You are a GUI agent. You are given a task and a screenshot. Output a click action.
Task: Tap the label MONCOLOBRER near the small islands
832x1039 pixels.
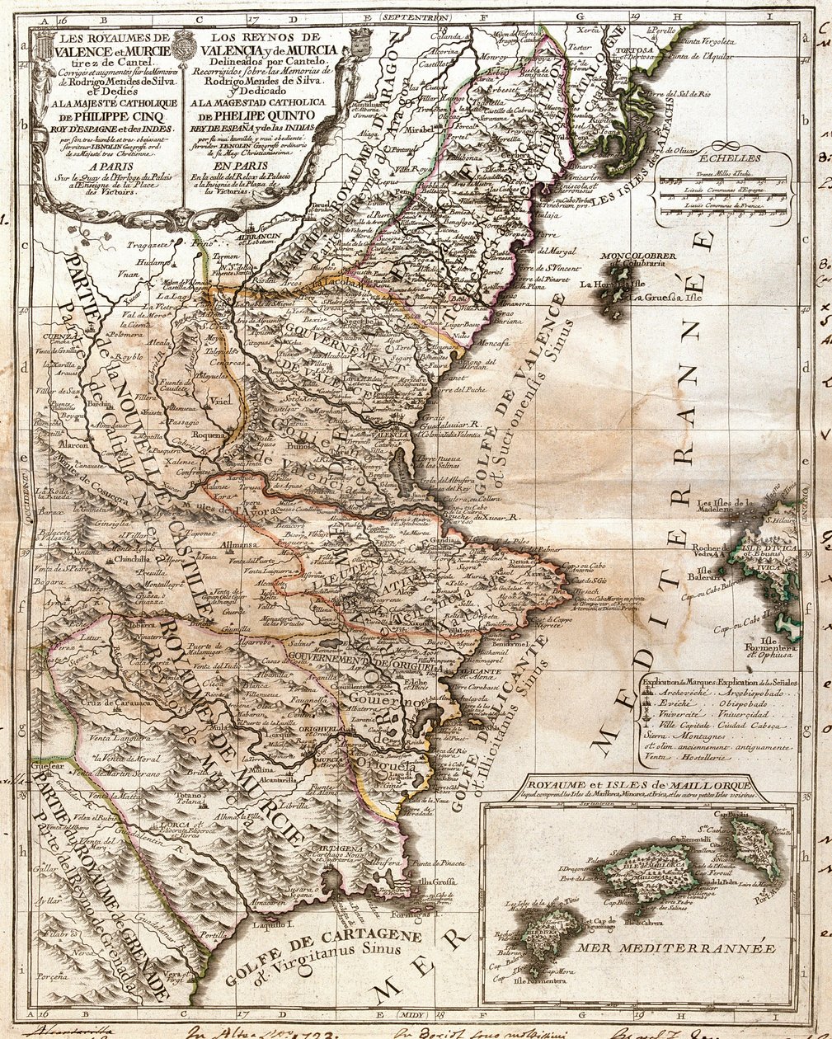pos(638,256)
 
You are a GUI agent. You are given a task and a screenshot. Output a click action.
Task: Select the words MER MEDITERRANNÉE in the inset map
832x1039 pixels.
pos(675,948)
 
